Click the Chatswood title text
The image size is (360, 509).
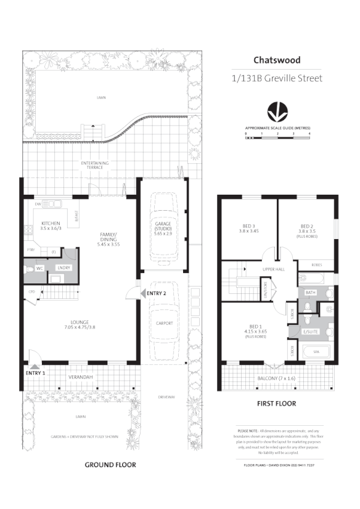pos(277,60)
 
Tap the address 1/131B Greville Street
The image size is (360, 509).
pos(277,78)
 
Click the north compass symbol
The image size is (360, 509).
pos(277,113)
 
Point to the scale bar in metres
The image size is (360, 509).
pos(277,137)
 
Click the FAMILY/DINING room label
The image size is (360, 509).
pos(108,237)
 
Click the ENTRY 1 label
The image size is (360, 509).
pos(36,373)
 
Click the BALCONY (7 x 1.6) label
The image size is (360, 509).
pos(277,379)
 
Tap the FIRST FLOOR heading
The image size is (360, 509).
pos(276,404)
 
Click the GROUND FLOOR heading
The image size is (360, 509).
pos(110,464)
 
